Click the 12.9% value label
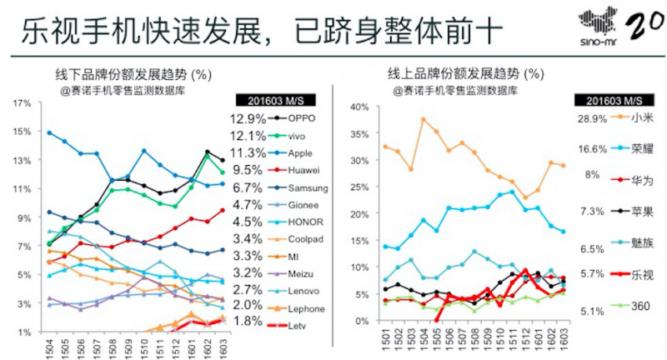click(x=247, y=118)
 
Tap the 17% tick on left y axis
click(x=23, y=103)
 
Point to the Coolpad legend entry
click(x=305, y=238)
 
